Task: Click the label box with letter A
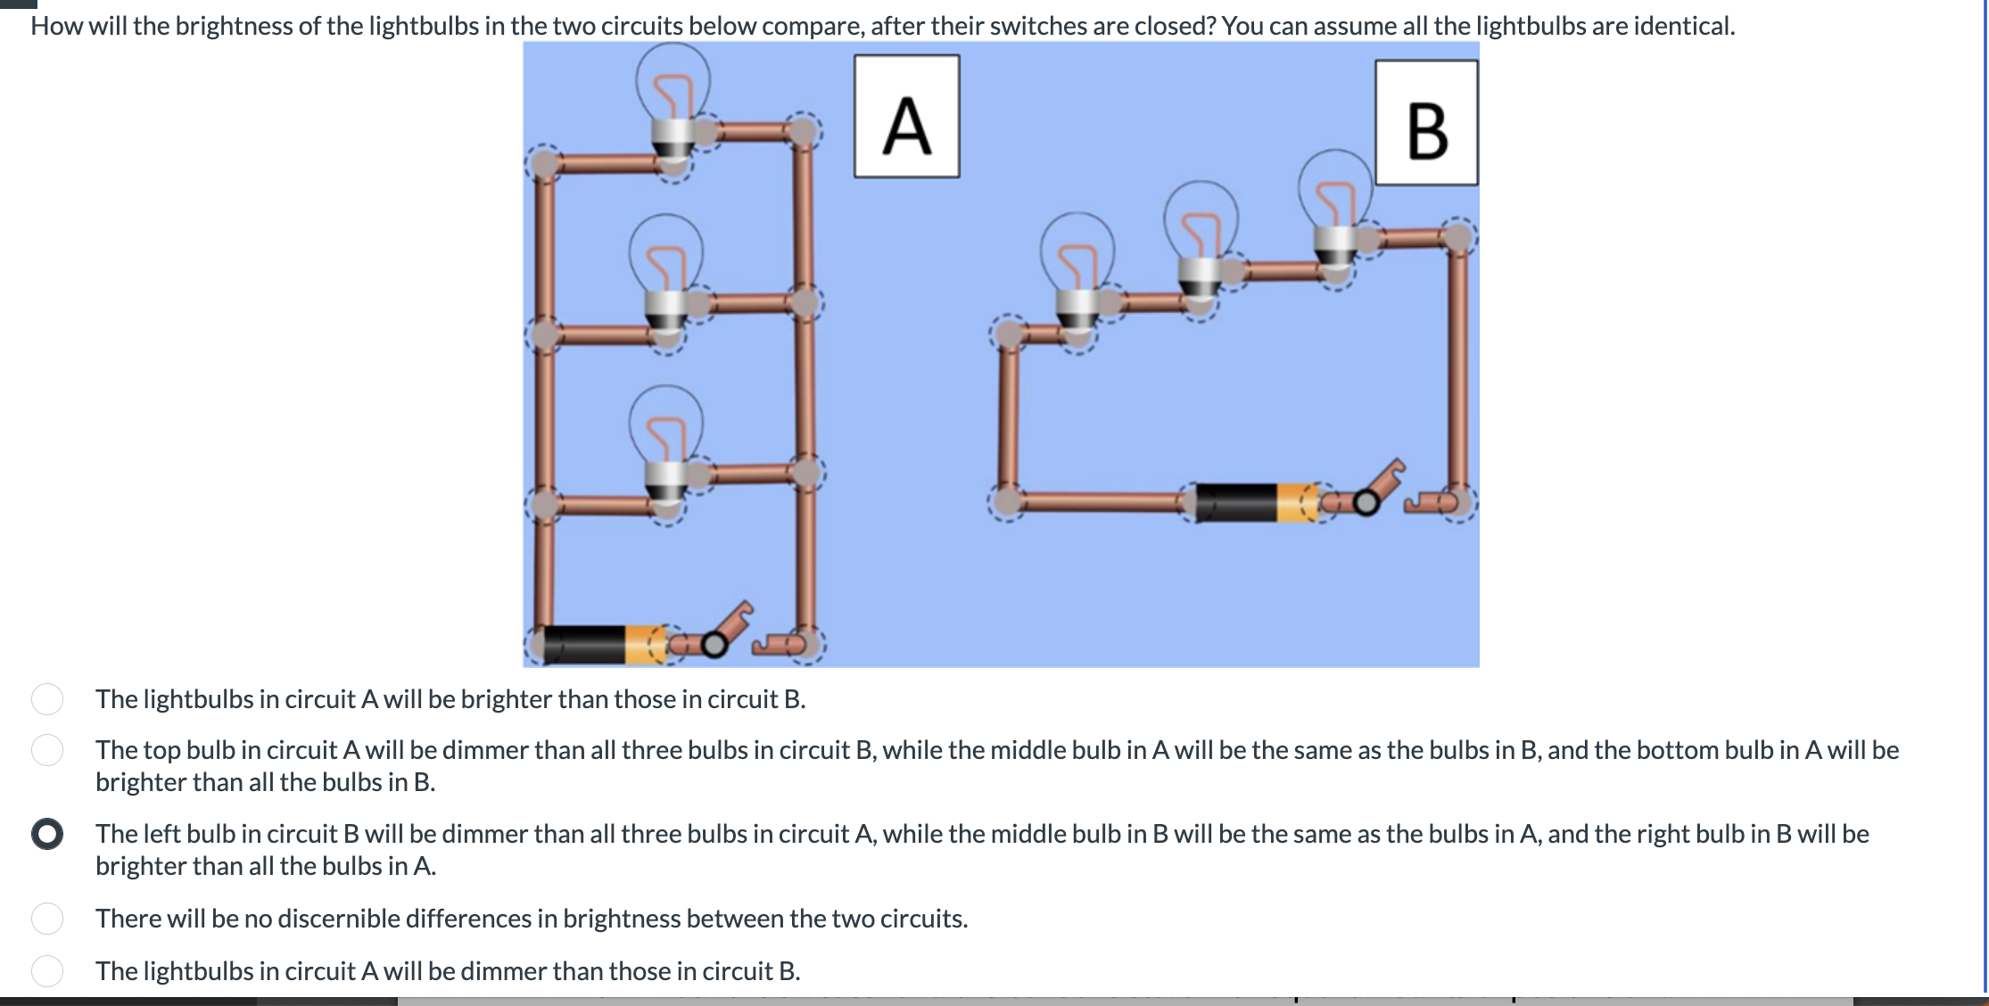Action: click(x=906, y=117)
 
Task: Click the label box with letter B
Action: click(x=1425, y=123)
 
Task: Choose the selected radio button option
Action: click(x=47, y=834)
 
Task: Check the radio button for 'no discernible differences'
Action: click(x=47, y=919)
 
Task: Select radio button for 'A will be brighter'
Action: click(x=47, y=699)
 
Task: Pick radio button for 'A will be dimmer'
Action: click(x=47, y=971)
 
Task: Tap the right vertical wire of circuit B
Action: click(x=1457, y=366)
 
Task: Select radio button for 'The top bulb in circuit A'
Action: click(x=47, y=750)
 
